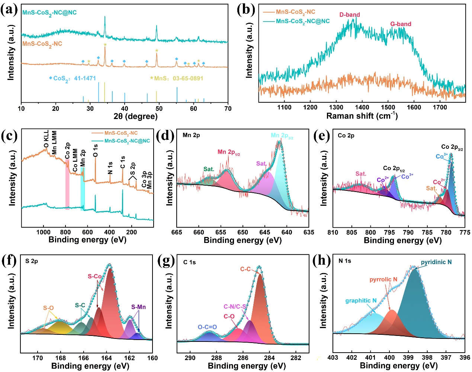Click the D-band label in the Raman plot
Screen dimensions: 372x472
pos(349,15)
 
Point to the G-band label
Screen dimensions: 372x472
pos(401,24)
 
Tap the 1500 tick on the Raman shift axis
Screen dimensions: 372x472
pos(388,108)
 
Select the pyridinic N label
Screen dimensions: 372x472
pos(436,262)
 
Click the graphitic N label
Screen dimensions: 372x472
pos(361,301)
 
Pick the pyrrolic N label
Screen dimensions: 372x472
pos(383,279)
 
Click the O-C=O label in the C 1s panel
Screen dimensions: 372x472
pos(207,327)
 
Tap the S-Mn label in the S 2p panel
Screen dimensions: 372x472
pos(138,307)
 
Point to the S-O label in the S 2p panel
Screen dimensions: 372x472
pos(48,308)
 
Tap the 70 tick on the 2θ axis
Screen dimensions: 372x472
pos(228,109)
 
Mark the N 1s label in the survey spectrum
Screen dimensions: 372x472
pos(110,168)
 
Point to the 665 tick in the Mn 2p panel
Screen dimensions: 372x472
pos(177,232)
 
